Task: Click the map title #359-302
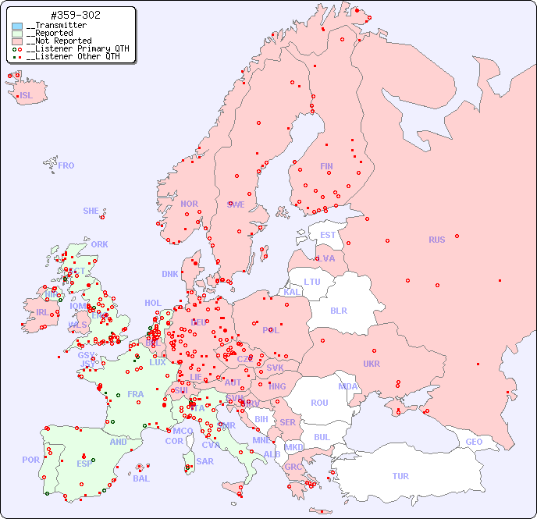75,15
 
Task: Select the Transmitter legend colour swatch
17,26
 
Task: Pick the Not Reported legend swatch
17,41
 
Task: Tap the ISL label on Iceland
27,96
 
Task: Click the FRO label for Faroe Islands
66,165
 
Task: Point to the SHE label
91,211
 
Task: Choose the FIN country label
326,166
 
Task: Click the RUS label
436,240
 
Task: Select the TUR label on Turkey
400,476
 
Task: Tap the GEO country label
474,442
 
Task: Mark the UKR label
372,364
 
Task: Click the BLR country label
338,310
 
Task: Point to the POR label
30,460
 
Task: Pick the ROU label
319,403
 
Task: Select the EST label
328,235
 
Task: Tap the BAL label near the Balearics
141,478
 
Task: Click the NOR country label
189,204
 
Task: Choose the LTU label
312,282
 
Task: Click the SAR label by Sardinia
204,461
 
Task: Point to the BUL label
322,437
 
